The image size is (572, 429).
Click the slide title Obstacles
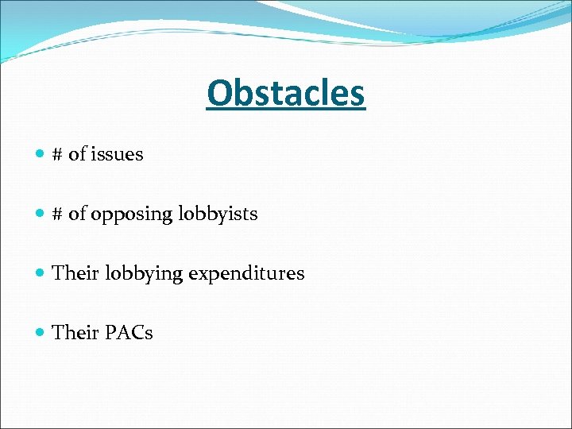(285, 94)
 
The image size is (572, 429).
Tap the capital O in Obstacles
(218, 94)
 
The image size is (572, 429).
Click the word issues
(117, 154)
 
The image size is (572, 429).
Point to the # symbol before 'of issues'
(57, 154)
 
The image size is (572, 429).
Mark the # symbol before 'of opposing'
(57, 214)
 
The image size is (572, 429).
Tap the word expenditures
(246, 274)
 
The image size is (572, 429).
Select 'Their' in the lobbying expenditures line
(75, 273)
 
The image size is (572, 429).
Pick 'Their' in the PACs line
(75, 333)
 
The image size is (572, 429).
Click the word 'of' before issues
(77, 154)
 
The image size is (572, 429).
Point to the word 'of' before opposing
(77, 214)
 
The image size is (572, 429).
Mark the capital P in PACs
(110, 333)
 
